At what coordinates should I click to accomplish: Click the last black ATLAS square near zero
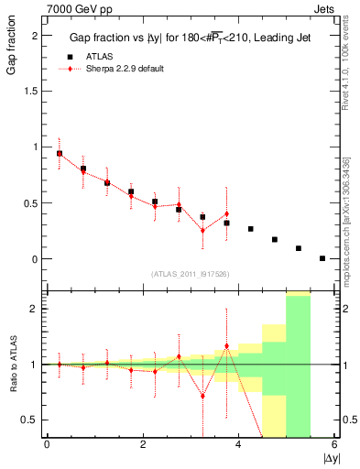(322, 258)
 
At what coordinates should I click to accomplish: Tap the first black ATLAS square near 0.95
(60, 153)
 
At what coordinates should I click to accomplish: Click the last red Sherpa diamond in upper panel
(226, 214)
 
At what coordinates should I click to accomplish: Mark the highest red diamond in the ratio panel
(226, 346)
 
